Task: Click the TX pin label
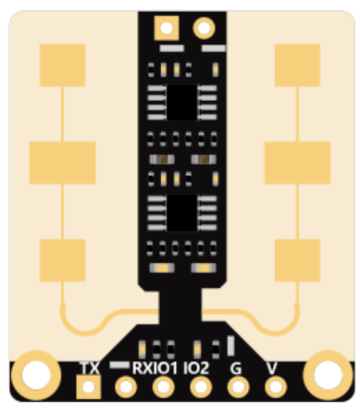(90, 367)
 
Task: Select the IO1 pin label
(168, 367)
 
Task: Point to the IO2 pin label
(196, 367)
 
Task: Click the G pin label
(236, 367)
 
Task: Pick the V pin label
(273, 367)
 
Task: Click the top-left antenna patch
(60, 64)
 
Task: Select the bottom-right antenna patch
(297, 258)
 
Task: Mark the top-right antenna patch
(297, 64)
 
